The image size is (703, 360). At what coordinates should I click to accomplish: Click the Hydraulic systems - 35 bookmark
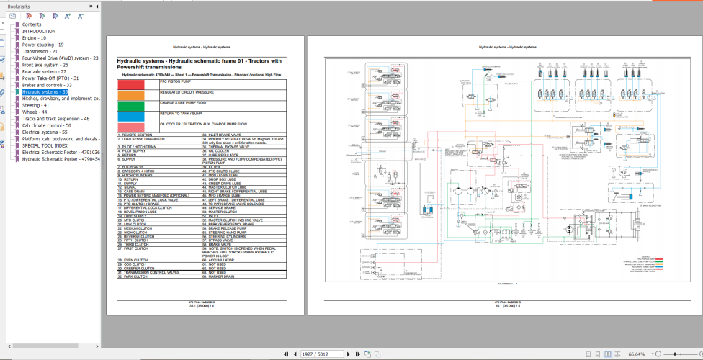point(45,92)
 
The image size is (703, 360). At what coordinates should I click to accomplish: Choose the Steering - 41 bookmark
point(36,105)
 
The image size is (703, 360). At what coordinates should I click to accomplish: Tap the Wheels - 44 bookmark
point(35,112)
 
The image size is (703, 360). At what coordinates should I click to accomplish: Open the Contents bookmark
point(32,24)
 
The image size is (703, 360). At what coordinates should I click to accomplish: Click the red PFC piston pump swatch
point(138,85)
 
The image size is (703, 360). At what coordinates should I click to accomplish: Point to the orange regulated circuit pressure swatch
point(138,95)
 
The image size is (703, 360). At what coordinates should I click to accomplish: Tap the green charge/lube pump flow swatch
point(138,106)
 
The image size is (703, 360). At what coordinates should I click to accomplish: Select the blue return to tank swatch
point(138,117)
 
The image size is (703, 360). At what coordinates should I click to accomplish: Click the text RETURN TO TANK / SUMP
point(182,114)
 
